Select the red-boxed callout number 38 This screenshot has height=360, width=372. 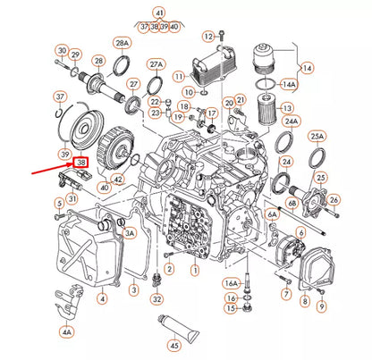(80, 163)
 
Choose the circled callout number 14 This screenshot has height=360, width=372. (307, 67)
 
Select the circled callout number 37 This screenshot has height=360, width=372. (60, 96)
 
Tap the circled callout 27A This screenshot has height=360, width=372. (156, 65)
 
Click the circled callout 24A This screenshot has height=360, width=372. (291, 121)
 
